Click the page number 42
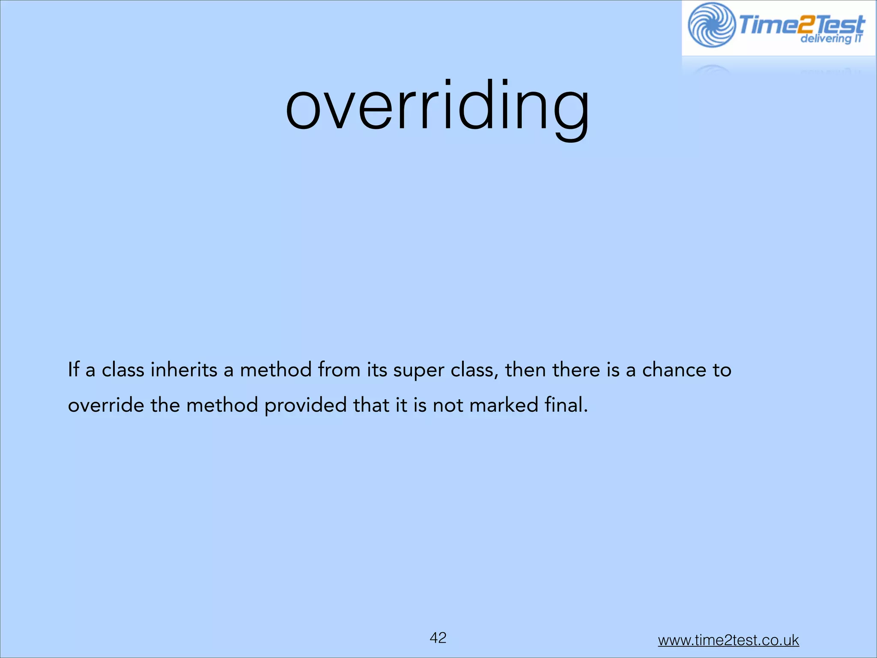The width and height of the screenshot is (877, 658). [438, 638]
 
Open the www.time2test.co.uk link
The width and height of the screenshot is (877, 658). [728, 640]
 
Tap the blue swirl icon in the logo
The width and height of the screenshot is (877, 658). [712, 25]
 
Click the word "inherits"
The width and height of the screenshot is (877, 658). [184, 370]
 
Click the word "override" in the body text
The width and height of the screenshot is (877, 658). [106, 405]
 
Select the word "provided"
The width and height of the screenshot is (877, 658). [305, 405]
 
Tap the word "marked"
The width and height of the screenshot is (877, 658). [504, 405]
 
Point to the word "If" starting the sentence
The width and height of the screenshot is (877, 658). [73, 370]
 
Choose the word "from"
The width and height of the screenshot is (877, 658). [339, 370]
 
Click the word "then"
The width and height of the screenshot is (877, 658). [525, 370]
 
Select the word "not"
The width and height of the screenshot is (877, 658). [448, 405]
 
